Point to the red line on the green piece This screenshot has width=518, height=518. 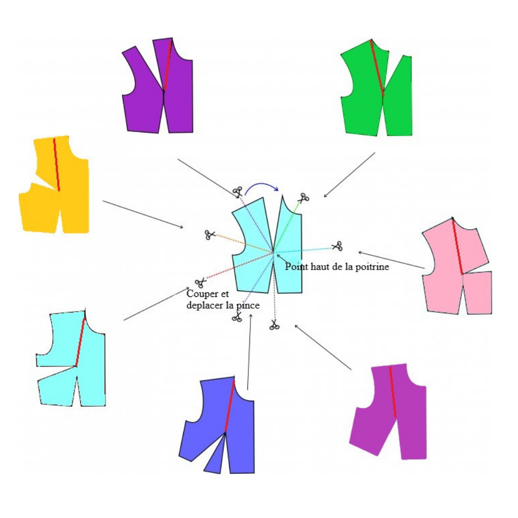[377, 68]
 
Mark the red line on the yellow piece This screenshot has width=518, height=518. [56, 164]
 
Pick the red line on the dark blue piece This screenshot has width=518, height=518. [230, 405]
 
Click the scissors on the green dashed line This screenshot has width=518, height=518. [303, 198]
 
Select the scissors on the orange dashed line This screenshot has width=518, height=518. [210, 235]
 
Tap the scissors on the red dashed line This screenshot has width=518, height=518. [200, 282]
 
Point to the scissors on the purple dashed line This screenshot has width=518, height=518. [237, 192]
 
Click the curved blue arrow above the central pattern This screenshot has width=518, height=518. [262, 186]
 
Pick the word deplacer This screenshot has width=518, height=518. [204, 306]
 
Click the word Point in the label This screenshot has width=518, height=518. [296, 267]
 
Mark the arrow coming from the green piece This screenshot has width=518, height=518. [349, 175]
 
